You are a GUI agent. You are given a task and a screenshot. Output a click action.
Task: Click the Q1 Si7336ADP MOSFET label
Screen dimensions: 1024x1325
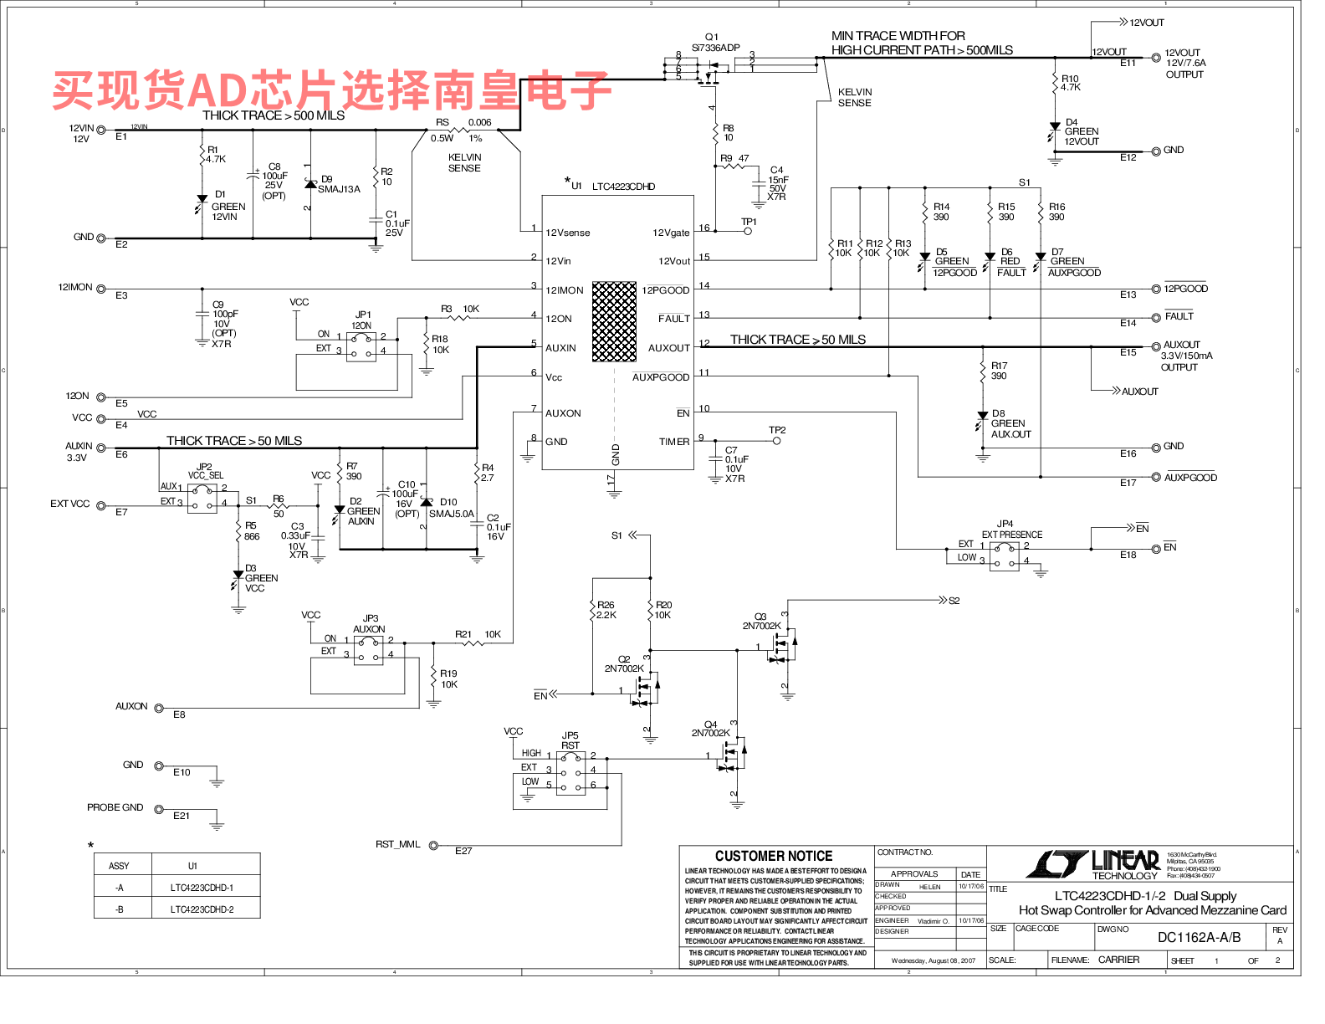715,43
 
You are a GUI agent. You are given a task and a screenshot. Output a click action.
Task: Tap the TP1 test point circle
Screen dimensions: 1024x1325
748,231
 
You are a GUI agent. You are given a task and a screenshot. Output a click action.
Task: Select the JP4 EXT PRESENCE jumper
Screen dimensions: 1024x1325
1004,556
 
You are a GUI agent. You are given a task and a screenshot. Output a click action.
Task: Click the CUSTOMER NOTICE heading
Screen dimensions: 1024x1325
774,856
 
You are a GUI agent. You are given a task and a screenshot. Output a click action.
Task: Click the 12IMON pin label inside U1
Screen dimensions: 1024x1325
565,290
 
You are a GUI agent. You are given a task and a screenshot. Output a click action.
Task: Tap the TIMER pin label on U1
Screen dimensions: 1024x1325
674,442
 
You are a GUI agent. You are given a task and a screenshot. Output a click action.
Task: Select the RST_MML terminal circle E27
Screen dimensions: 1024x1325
433,846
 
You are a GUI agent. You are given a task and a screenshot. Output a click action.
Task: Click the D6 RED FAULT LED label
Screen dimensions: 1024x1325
1010,262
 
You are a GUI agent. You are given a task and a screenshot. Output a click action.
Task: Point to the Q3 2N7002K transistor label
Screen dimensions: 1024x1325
761,621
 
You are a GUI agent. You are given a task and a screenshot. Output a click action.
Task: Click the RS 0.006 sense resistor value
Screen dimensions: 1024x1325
479,122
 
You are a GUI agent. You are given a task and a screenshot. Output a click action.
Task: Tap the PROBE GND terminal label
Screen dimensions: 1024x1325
115,807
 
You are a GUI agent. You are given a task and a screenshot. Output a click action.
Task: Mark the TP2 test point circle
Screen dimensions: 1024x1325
777,440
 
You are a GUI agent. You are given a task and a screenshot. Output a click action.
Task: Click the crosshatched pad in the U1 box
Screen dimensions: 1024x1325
614,321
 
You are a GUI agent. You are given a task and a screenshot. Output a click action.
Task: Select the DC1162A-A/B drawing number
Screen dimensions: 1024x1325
1199,937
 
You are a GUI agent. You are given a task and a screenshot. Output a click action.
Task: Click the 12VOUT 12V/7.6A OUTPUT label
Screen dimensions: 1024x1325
1184,63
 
